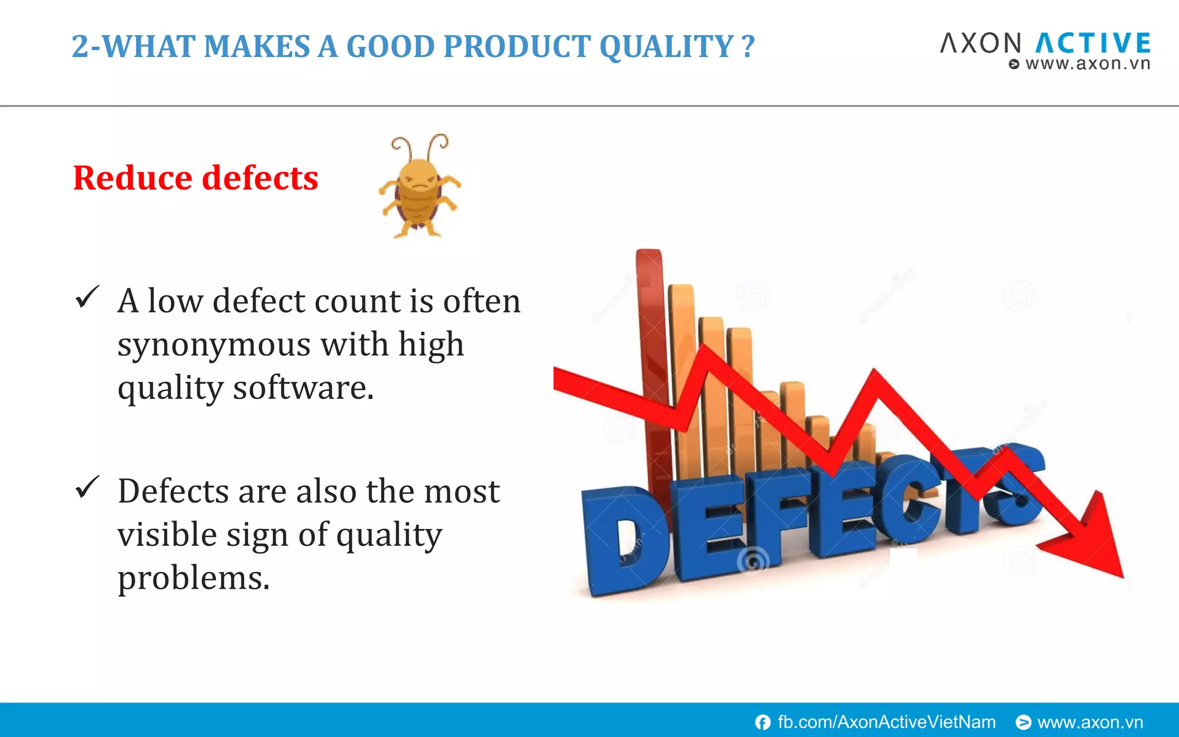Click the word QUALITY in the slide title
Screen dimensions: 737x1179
tap(666, 47)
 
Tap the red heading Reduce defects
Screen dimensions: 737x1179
tap(196, 178)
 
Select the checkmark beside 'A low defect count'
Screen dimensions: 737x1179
tap(88, 298)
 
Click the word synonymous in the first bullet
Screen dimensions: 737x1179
tap(214, 345)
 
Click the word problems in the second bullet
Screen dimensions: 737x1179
tap(193, 578)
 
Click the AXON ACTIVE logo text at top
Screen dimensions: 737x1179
tap(1045, 44)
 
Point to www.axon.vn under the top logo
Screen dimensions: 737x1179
tap(1087, 64)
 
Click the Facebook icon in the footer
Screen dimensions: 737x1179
tap(763, 722)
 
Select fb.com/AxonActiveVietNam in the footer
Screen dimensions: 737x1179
tap(886, 722)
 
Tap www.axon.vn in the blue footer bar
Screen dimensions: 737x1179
tap(1090, 722)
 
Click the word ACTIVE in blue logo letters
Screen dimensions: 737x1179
tap(1093, 44)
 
